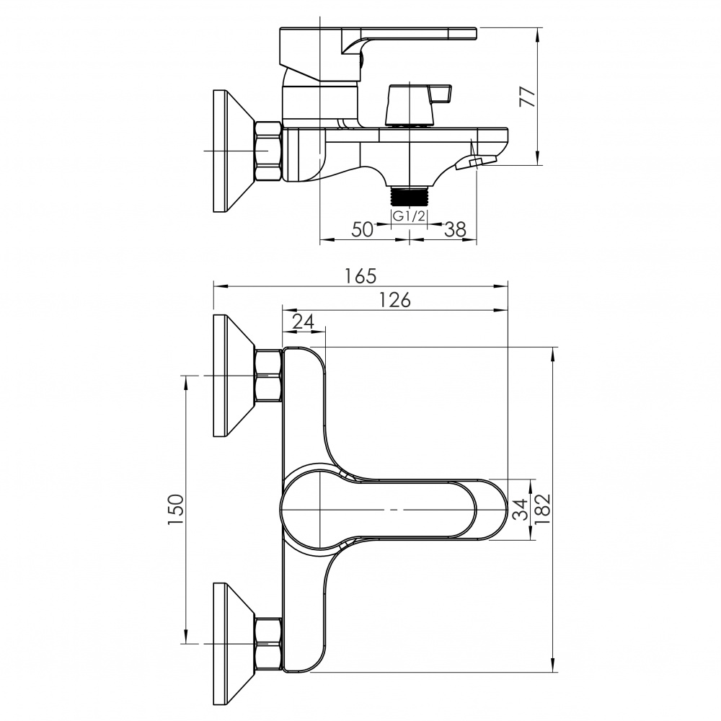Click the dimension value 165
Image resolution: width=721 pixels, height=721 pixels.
pyautogui.click(x=360, y=275)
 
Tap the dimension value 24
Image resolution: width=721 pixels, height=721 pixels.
pyautogui.click(x=304, y=322)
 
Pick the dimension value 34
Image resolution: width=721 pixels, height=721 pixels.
pyautogui.click(x=521, y=509)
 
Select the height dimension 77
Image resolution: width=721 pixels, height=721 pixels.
pyautogui.click(x=528, y=97)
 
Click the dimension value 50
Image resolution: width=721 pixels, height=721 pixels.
pyautogui.click(x=363, y=229)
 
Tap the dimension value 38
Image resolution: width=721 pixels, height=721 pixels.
pyautogui.click(x=455, y=229)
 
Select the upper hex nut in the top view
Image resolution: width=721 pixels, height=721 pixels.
pyautogui.click(x=268, y=376)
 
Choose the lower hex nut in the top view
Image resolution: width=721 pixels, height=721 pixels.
pyautogui.click(x=268, y=643)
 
